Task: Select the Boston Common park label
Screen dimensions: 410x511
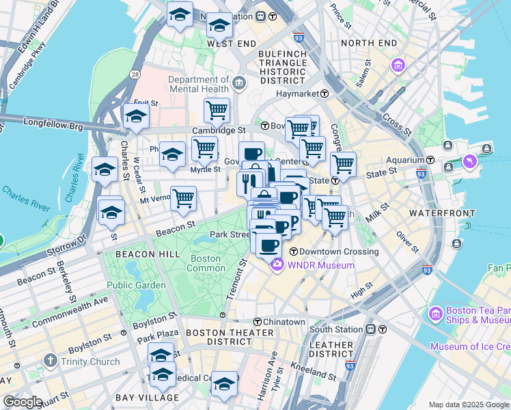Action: point(205,264)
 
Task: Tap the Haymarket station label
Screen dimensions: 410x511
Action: point(298,94)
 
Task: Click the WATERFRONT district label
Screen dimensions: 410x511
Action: point(437,213)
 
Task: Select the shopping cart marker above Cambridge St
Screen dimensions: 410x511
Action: point(217,109)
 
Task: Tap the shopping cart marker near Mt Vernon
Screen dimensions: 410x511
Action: point(183,198)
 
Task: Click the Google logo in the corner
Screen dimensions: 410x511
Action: point(23,402)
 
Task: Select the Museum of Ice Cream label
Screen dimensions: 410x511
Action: point(470,346)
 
